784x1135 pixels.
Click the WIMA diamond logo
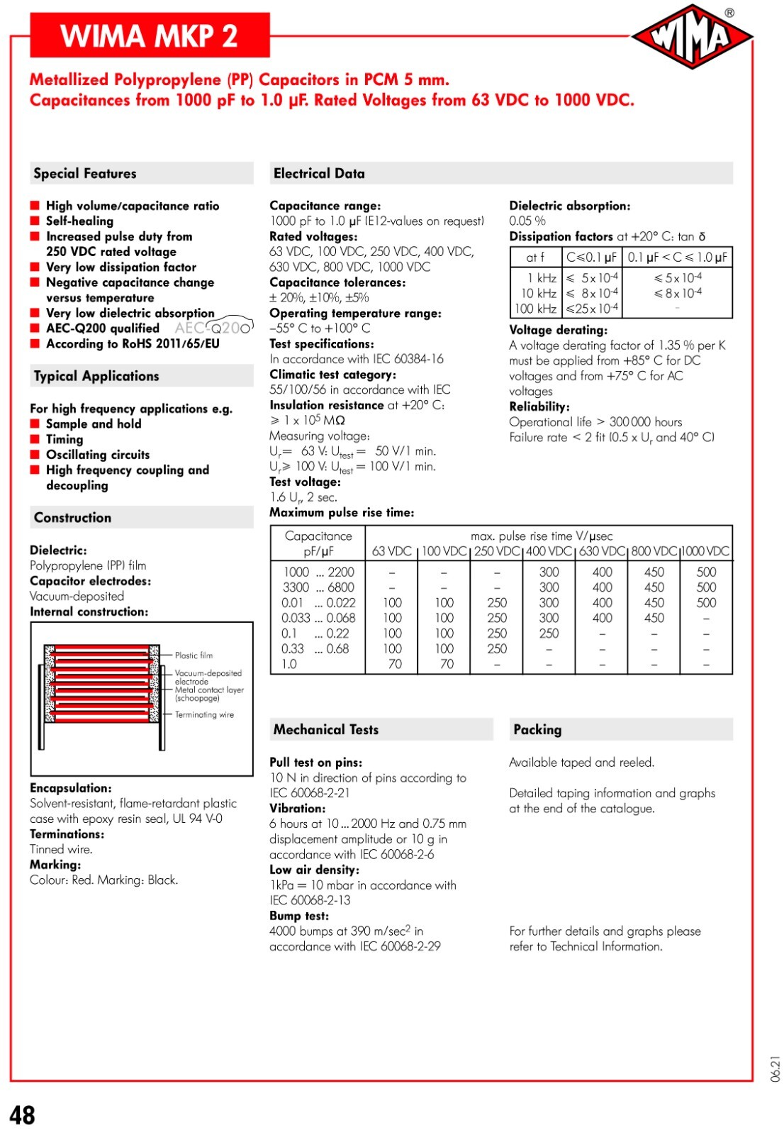coord(691,37)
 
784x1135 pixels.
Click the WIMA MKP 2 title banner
coord(150,35)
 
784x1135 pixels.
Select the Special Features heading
coord(85,174)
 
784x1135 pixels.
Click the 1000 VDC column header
coord(706,551)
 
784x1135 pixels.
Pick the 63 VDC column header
coord(391,551)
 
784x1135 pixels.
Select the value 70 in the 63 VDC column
coord(395,664)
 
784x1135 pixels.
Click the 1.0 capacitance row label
coord(289,664)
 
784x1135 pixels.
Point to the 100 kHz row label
coord(535,309)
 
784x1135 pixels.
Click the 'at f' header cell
coord(535,257)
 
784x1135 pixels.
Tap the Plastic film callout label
coord(194,655)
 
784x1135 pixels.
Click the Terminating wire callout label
coord(204,714)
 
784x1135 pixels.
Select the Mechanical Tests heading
coord(326,729)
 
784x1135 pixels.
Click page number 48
coord(23,1115)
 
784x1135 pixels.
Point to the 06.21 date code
coord(775,1068)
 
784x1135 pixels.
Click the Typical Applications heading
coord(96,376)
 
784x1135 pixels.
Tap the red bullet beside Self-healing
coord(35,221)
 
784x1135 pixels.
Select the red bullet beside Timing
coord(35,440)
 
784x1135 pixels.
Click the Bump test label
coord(299,916)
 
